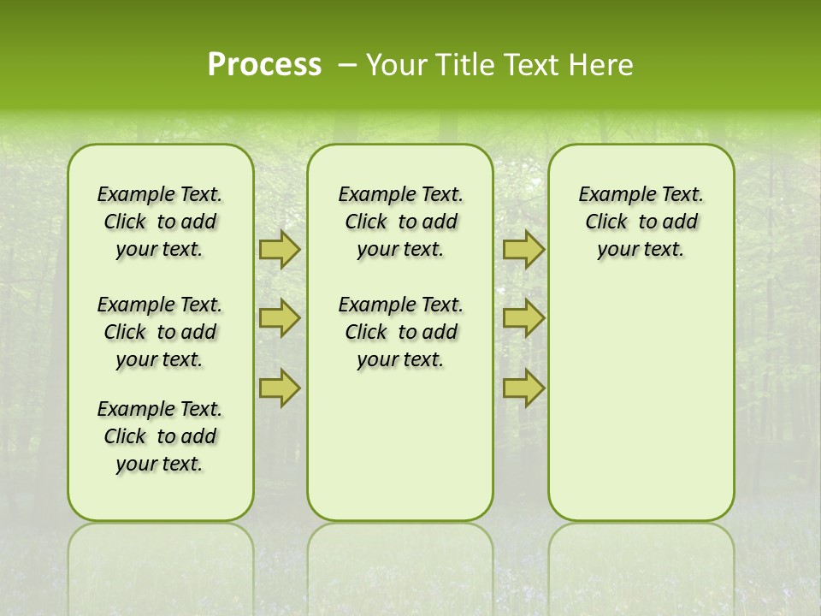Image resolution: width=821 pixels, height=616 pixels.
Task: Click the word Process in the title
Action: [x=264, y=64]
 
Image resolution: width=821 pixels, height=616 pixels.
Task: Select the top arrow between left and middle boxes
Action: [x=280, y=249]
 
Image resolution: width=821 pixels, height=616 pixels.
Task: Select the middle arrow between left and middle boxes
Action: [x=280, y=318]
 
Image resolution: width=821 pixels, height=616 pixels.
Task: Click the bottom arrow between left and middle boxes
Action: [x=280, y=388]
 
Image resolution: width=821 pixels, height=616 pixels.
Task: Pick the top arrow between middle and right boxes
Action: [x=523, y=249]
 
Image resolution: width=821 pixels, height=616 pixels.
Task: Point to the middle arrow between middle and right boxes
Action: [x=523, y=318]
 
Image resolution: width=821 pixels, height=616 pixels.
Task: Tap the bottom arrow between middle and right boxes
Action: [x=523, y=388]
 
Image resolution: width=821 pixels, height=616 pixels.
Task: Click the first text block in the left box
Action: [x=160, y=222]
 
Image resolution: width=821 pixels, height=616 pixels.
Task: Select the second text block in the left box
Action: [x=160, y=332]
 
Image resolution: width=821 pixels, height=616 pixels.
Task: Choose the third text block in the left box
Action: [x=160, y=436]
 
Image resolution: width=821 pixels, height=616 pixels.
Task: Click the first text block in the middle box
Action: [x=400, y=222]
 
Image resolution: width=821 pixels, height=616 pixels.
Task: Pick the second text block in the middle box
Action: [x=400, y=332]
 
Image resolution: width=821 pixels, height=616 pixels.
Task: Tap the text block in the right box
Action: [x=641, y=222]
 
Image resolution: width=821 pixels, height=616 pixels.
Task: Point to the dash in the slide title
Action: [x=347, y=65]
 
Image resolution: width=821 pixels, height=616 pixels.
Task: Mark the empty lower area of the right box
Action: [x=641, y=402]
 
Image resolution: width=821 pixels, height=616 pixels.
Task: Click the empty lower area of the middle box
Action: [x=400, y=445]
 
